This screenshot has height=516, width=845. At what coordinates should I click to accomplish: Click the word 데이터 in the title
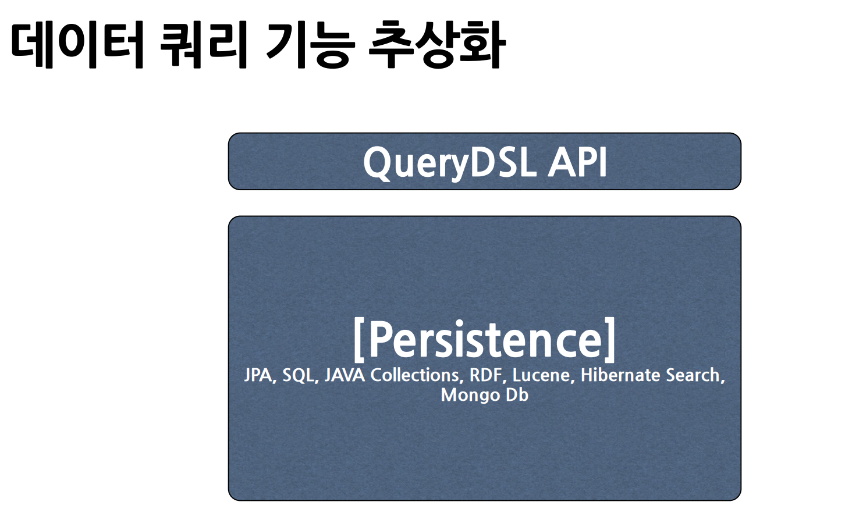77,45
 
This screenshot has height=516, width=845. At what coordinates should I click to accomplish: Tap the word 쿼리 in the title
204,45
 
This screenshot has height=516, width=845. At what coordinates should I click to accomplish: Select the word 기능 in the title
310,45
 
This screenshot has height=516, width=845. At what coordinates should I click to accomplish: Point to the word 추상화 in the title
437,45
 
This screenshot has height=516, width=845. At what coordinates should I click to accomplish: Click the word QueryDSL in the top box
450,163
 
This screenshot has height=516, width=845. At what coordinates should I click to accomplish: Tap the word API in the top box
577,162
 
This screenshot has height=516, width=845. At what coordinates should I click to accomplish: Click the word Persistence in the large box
484,340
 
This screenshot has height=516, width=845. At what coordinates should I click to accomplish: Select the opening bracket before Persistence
358,340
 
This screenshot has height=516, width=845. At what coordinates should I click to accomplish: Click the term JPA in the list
260,375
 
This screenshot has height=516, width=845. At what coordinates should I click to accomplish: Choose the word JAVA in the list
345,375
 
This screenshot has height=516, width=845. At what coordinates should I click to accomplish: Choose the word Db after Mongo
517,395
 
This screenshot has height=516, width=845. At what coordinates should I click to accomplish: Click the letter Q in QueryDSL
377,163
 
